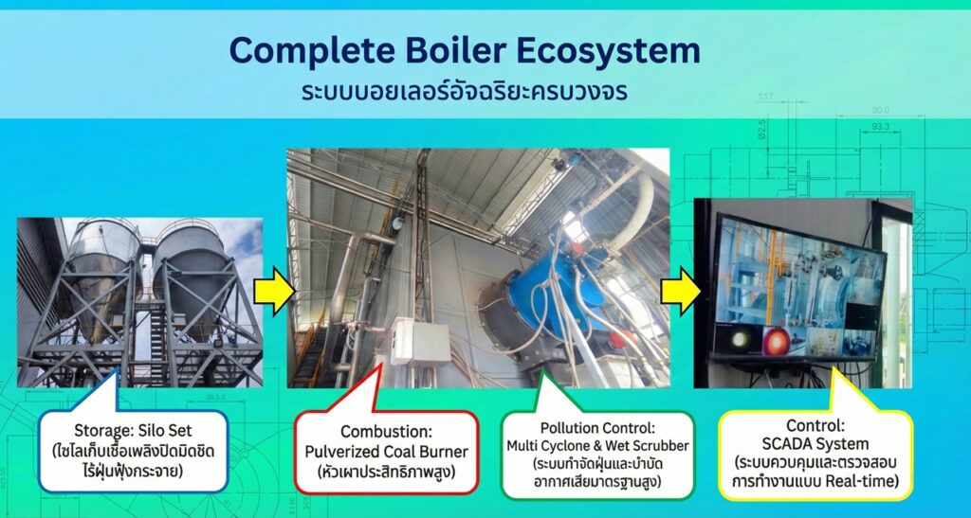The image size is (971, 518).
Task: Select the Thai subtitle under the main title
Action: pyautogui.click(x=465, y=92)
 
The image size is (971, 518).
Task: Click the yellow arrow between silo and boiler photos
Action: pyautogui.click(x=275, y=291)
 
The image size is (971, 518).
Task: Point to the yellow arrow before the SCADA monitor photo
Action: pyautogui.click(x=681, y=291)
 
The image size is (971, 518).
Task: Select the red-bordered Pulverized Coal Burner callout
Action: pyautogui.click(x=387, y=452)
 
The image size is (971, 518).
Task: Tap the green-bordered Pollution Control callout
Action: pyautogui.click(x=597, y=453)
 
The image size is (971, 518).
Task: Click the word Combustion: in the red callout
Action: pyautogui.click(x=386, y=431)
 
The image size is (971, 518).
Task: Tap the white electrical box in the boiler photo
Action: pyautogui.click(x=420, y=342)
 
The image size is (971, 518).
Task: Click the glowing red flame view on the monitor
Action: pyautogui.click(x=776, y=339)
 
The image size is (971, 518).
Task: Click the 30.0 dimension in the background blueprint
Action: pyautogui.click(x=880, y=110)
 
